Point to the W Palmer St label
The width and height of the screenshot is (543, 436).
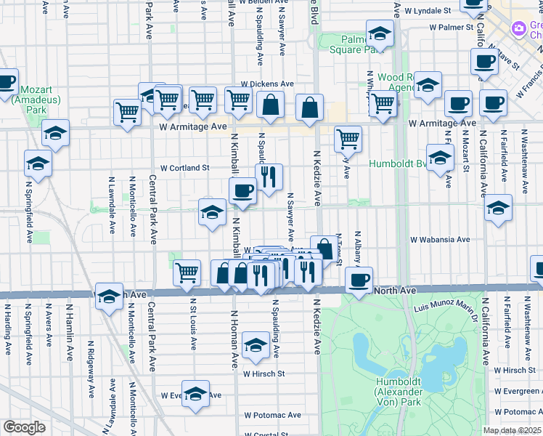click(451, 27)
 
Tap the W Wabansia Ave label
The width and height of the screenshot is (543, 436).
click(439, 239)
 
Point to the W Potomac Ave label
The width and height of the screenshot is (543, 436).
click(272, 415)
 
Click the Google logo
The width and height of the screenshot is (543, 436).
click(24, 427)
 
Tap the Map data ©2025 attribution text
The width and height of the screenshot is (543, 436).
click(512, 430)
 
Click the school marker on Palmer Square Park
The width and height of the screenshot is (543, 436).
click(380, 33)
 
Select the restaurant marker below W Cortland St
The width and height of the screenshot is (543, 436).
click(269, 177)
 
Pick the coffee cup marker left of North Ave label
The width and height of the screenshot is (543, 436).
click(358, 280)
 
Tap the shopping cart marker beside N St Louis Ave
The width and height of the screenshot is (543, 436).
click(187, 272)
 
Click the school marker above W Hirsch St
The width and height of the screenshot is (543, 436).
click(256, 345)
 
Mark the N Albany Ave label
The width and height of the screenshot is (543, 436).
click(357, 251)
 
